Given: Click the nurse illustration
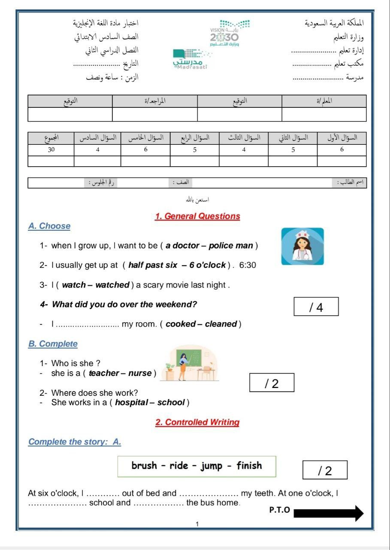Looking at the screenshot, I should [302, 246].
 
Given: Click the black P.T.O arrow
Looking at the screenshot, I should [329, 513].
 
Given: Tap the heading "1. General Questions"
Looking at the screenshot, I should [197, 216].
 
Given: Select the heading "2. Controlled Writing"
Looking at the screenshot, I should [197, 422].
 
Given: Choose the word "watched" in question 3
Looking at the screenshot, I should [112, 285].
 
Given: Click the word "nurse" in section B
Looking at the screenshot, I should [140, 373].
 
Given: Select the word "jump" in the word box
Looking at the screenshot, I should [212, 466].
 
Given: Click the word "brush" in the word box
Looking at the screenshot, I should [144, 466].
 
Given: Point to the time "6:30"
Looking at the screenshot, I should [248, 265].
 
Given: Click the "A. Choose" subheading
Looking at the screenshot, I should [49, 226].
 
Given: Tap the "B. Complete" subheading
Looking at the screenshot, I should [53, 344].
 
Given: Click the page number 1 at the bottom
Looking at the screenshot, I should [197, 524].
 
